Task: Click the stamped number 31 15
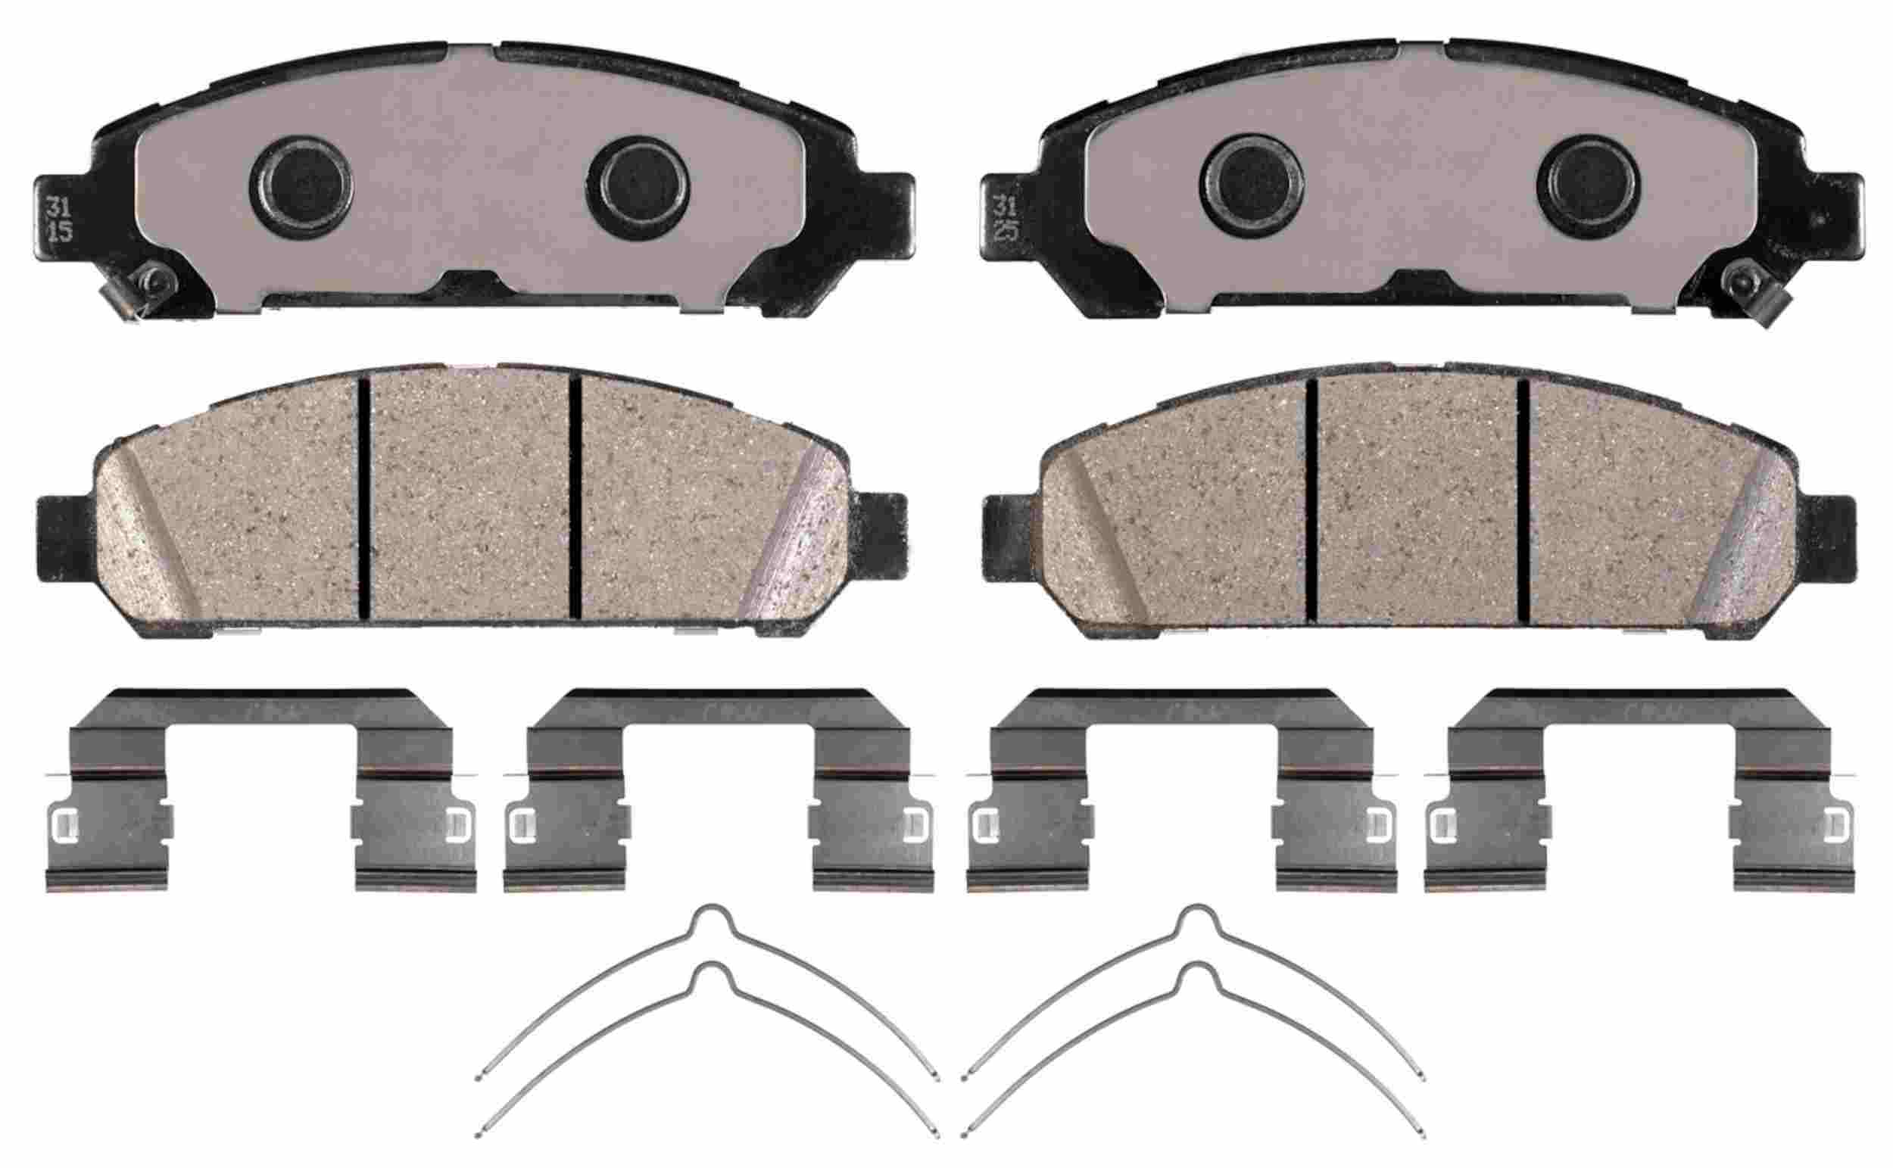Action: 61,219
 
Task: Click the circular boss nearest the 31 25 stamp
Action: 1251,185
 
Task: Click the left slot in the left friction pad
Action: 364,497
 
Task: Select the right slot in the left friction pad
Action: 575,497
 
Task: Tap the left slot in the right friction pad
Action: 1311,498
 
